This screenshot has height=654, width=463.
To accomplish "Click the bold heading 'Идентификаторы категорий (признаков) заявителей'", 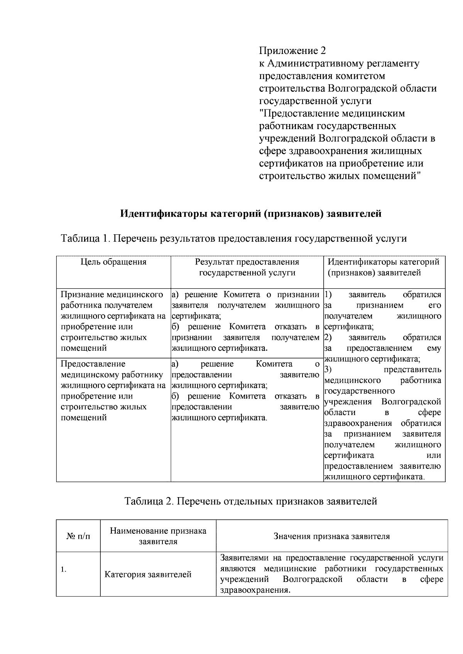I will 251,213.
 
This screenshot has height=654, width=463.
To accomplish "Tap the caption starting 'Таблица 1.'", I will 234,238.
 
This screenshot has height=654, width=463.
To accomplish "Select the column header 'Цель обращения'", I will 113,262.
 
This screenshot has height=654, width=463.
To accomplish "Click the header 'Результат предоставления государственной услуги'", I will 247,267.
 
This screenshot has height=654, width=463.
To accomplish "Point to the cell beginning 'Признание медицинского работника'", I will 113,321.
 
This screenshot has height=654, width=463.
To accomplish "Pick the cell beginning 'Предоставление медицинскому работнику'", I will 113,390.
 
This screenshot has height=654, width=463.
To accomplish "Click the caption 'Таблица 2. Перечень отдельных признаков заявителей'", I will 251,501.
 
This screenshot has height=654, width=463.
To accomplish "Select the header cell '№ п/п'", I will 78,536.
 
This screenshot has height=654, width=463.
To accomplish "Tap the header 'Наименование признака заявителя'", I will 158,536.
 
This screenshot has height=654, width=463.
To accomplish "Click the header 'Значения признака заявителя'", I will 331,536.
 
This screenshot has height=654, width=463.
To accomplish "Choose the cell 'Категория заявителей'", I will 148,575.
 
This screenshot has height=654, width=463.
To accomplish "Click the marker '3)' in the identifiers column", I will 328,370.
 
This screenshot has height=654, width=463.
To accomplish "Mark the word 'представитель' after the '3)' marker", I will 412,370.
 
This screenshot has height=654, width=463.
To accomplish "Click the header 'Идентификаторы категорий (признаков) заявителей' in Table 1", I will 384,267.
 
